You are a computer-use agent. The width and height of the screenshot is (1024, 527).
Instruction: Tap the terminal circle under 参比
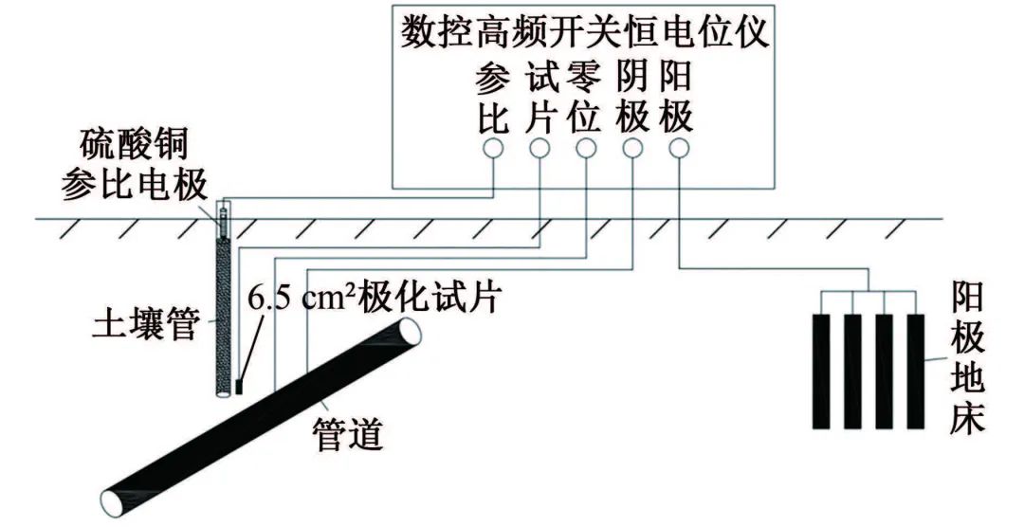coord(492,148)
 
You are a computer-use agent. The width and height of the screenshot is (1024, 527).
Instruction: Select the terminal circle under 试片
coord(539,148)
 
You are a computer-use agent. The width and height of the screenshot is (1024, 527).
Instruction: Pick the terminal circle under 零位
coord(586,148)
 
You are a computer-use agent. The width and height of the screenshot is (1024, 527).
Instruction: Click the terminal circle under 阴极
coord(631,148)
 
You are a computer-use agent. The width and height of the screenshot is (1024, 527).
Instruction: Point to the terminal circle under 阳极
coord(678,148)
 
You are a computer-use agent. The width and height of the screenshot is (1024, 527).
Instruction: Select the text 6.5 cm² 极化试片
coord(373,298)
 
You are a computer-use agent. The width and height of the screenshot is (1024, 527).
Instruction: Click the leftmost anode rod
coord(822,370)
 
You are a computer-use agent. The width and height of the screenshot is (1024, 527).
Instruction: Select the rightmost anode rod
coord(915,370)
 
